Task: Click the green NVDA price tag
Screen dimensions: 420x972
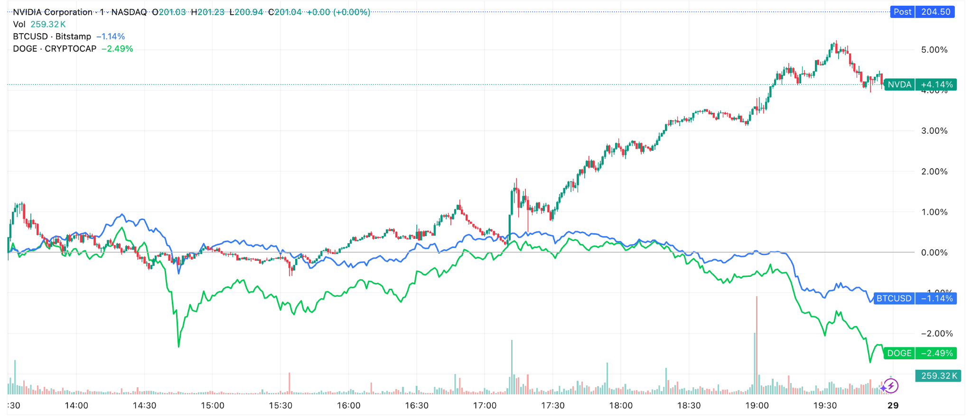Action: [900, 85]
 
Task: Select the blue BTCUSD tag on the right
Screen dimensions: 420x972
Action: [894, 299]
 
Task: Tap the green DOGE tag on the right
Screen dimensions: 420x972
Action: [899, 353]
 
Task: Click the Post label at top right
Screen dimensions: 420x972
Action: [902, 12]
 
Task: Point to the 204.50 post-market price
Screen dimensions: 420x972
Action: [935, 12]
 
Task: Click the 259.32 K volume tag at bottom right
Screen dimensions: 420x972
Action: [938, 376]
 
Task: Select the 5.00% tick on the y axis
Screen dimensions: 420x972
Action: [934, 50]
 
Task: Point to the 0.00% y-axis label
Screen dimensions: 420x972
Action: [934, 253]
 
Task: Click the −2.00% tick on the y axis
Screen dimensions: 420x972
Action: [936, 334]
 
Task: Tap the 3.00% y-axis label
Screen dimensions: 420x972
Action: [934, 131]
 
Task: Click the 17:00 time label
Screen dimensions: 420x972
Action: [485, 406]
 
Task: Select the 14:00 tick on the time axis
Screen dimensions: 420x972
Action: [76, 406]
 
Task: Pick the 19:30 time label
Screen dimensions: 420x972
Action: [825, 406]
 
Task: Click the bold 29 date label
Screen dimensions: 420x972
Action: [893, 406]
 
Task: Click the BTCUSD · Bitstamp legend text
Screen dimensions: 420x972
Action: [52, 37]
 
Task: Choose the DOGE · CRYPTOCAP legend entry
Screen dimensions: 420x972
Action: [55, 49]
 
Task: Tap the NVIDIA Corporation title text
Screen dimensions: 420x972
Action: [53, 12]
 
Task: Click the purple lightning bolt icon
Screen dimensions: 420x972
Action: [891, 386]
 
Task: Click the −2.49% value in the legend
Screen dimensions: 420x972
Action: [117, 49]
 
